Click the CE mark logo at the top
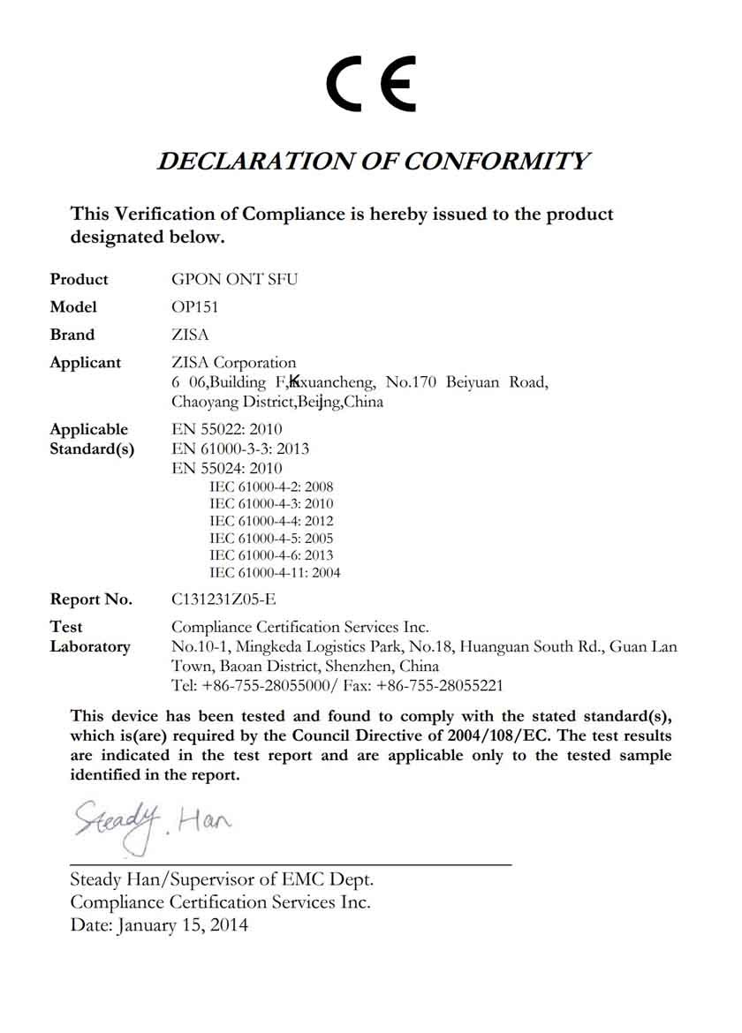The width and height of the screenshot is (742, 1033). tap(371, 83)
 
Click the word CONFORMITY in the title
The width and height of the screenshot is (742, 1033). tap(497, 162)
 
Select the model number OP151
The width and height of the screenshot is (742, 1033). tap(193, 307)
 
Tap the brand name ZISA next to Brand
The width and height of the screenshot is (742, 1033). tap(190, 335)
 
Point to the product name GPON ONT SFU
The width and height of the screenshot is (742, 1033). tap(234, 280)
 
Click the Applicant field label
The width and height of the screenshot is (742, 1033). tap(86, 363)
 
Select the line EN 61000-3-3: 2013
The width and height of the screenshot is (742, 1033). tap(240, 449)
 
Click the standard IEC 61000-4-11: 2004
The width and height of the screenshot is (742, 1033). tap(275, 573)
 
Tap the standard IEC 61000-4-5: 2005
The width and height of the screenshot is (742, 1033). tap(271, 538)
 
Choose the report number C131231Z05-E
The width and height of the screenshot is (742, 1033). tap(223, 599)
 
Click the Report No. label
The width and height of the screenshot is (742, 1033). tap(91, 599)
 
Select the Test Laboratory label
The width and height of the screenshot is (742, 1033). tap(89, 637)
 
